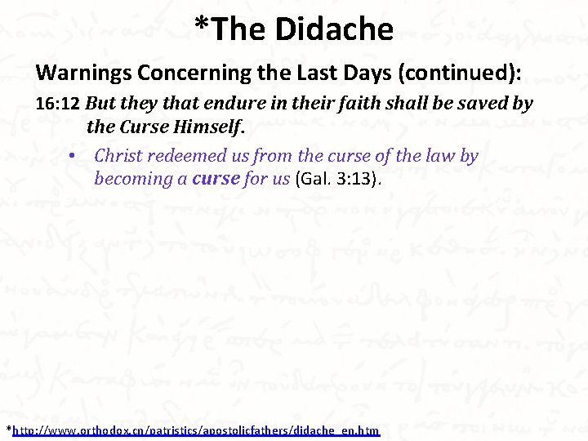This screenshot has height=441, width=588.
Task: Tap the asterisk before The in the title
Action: [201, 24]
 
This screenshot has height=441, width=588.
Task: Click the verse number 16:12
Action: [58, 105]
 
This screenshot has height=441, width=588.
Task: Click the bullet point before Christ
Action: [73, 155]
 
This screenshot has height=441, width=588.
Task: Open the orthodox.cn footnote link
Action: [196, 430]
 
